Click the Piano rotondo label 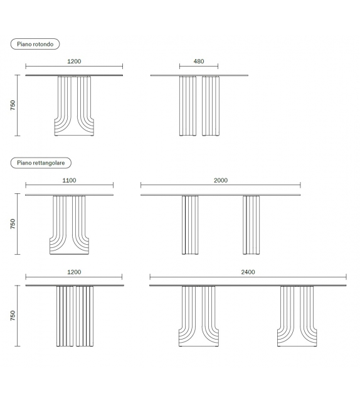[x=35, y=44]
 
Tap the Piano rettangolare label [x=41, y=163]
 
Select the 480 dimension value [x=199, y=62]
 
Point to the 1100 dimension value [x=70, y=180]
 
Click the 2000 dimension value [x=221, y=180]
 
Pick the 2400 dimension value [x=248, y=272]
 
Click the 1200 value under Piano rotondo [x=74, y=62]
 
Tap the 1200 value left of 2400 [x=74, y=272]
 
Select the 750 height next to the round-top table [x=13, y=105]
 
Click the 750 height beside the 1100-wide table [x=13, y=224]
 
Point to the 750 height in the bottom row [x=13, y=316]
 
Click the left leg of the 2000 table [x=190, y=225]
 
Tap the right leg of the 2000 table [x=251, y=225]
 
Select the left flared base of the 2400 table [x=199, y=316]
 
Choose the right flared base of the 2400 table [x=297, y=316]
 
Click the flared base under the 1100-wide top [x=70, y=225]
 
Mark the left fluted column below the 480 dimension [x=188, y=106]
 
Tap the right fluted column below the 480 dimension [x=211, y=106]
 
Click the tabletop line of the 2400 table [x=248, y=285]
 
